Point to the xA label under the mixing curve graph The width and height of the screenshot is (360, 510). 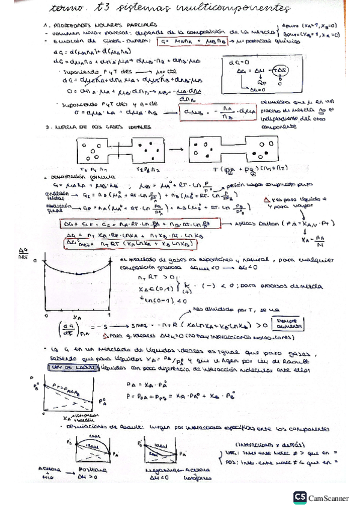pos(73,315)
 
